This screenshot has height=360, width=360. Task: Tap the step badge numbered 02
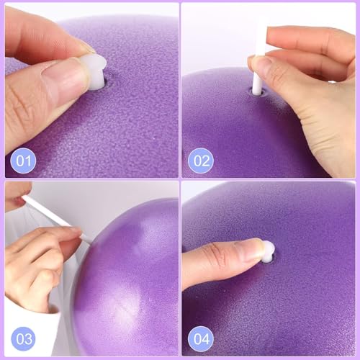(199, 159)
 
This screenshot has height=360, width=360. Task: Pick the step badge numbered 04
(199, 338)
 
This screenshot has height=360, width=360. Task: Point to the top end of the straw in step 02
(260, 25)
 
